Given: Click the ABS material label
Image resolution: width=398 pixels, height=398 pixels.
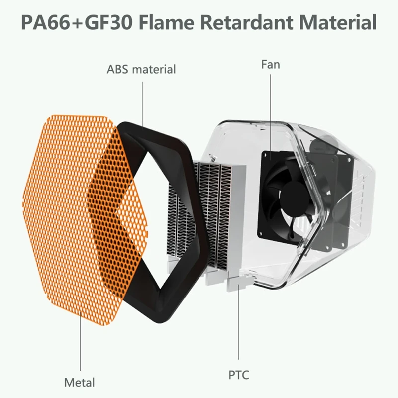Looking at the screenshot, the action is click(x=141, y=69).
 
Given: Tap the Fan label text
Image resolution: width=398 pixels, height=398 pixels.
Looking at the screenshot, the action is click(x=271, y=64).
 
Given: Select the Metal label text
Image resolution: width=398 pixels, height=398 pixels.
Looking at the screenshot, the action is click(x=79, y=383).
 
